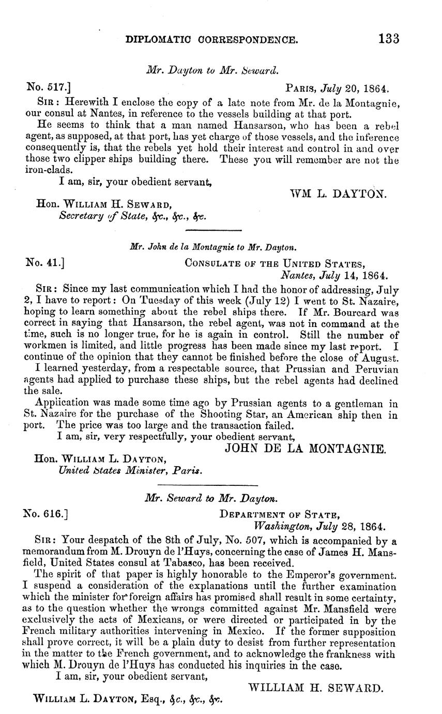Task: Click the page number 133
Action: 389,39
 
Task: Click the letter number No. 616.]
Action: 46,514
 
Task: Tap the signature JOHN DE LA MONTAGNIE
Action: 306,449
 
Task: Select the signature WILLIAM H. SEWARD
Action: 316,688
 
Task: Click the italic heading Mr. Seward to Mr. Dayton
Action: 211,499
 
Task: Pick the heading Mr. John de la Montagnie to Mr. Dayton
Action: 212,247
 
